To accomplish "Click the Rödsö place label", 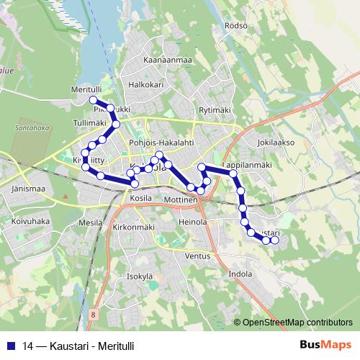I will coord(236,25).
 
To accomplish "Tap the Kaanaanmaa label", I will coord(167,60).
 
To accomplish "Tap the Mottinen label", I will coord(180,198).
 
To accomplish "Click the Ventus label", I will coord(197,256).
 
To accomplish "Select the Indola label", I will coord(240,274).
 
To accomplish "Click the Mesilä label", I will coord(91,223).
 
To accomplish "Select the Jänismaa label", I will coord(29,189).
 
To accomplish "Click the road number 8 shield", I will coord(94,315).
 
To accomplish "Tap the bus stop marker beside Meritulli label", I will coord(93,99).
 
